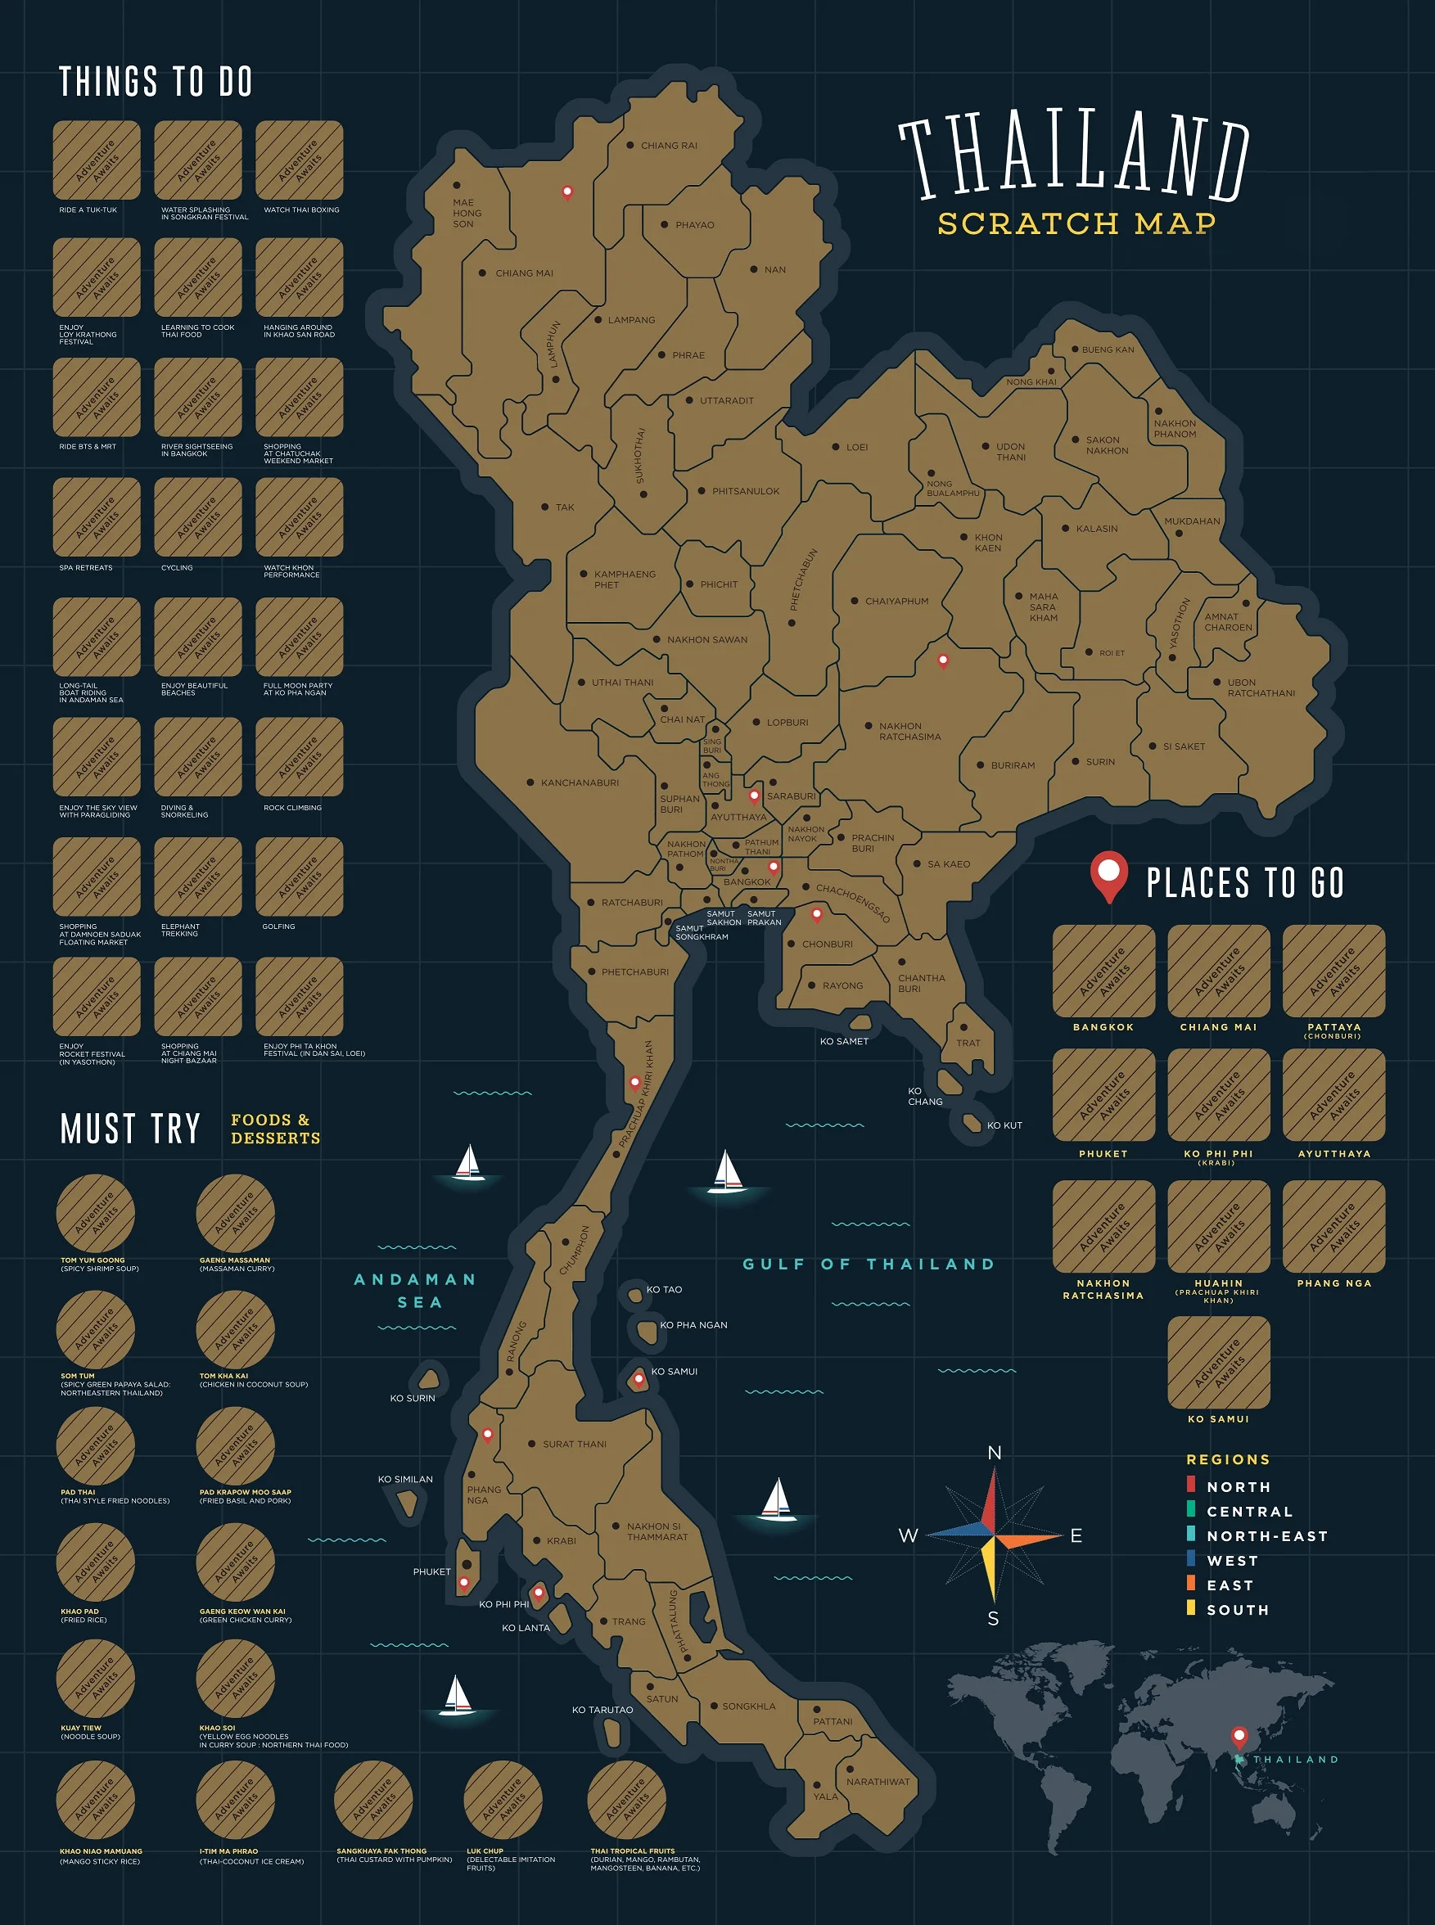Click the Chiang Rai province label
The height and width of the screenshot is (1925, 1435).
point(669,146)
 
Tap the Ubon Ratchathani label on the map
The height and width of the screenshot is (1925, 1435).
point(1261,687)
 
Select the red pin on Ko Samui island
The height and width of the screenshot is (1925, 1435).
point(639,1378)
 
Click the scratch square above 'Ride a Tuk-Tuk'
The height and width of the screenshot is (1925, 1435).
point(97,160)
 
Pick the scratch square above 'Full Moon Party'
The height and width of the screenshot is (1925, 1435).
point(300,638)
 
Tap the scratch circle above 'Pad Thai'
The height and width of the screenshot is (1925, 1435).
point(96,1446)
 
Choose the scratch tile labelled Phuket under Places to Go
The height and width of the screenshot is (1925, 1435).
point(1103,1095)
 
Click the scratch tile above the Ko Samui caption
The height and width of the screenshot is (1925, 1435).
point(1219,1363)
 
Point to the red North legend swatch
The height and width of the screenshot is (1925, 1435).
point(1191,1484)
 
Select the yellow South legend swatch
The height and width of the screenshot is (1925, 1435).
point(1191,1607)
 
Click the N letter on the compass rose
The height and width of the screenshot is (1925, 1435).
point(995,1453)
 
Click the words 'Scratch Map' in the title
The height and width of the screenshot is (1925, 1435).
point(1076,224)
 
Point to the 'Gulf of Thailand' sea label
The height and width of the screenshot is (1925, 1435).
point(869,1265)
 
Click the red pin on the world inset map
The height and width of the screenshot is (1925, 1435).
point(1239,1736)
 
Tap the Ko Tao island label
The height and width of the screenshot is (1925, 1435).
point(664,1289)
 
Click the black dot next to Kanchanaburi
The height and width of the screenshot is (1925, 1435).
point(530,782)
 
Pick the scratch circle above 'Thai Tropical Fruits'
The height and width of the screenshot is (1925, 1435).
point(626,1800)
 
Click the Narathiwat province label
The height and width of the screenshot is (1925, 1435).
point(878,1782)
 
